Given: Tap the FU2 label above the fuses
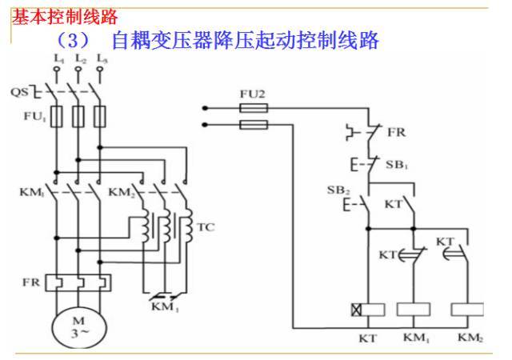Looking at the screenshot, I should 252,94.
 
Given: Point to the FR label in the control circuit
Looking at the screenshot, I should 397,133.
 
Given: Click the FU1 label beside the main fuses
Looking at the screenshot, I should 32,117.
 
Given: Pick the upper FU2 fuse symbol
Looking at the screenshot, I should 254,107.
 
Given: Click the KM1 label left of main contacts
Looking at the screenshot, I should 31,193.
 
